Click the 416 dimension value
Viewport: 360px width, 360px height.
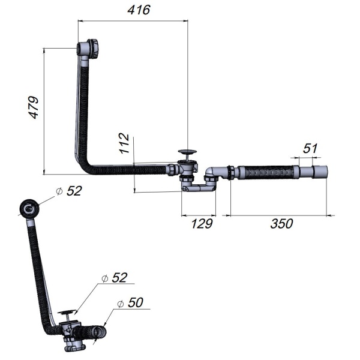click(x=139, y=10)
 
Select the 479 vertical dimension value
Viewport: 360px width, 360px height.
click(x=33, y=107)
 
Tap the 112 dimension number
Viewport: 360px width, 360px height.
click(x=124, y=143)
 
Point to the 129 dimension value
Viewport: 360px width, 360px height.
click(x=202, y=223)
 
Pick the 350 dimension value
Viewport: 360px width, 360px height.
click(x=281, y=223)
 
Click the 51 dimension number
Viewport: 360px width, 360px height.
click(x=310, y=148)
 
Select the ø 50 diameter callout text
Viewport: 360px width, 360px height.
click(x=130, y=302)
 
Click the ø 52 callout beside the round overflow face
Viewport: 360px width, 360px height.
click(x=69, y=191)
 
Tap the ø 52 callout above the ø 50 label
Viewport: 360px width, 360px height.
click(x=114, y=278)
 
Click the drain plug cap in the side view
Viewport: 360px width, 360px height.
click(x=188, y=152)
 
